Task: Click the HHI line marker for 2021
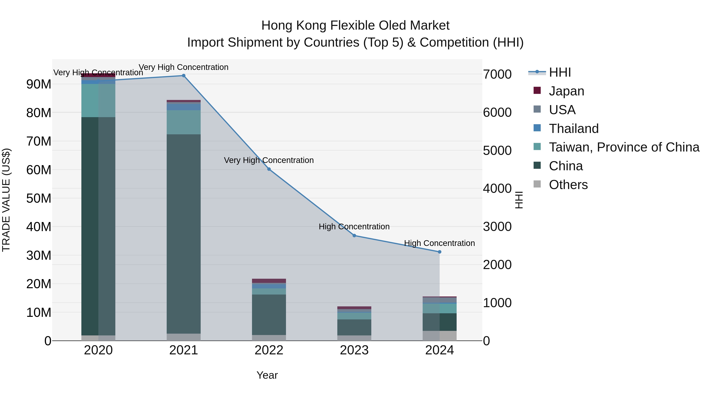click(183, 76)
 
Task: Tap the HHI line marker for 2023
click(354, 235)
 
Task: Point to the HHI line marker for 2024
click(440, 252)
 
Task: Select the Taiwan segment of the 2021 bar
click(183, 122)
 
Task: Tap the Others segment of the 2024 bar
click(440, 335)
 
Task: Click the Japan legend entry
click(566, 91)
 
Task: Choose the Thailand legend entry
click(574, 129)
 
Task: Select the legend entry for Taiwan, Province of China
click(624, 147)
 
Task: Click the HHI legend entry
click(560, 72)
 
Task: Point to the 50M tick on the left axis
click(39, 199)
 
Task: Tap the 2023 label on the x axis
click(354, 350)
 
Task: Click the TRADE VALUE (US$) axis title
click(6, 200)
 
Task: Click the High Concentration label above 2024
click(439, 243)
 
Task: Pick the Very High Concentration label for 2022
click(269, 160)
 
